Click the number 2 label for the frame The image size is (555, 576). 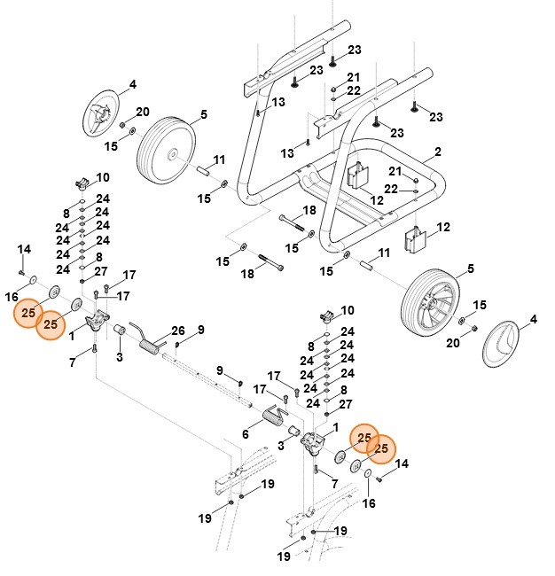(x=437, y=152)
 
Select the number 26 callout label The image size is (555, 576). (x=177, y=331)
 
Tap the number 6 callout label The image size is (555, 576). (x=245, y=434)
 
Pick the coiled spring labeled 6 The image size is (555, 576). (x=275, y=415)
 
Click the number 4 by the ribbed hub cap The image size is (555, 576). (x=132, y=85)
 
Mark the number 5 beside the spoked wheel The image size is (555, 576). (x=470, y=269)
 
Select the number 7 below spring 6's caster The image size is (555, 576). (x=334, y=484)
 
